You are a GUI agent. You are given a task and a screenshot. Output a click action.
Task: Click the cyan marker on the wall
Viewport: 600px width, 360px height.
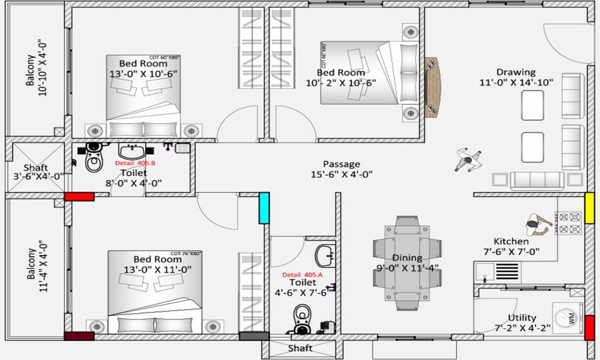coord(263,208)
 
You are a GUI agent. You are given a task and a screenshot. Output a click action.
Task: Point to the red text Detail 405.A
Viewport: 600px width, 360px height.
coord(302,274)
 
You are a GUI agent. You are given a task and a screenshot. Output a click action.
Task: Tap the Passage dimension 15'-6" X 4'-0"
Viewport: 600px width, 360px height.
coord(341,175)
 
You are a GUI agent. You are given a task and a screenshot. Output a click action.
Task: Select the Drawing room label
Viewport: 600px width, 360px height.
coord(516,72)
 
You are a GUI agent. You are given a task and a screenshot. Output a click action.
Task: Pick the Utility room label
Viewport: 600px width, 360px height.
coord(521,318)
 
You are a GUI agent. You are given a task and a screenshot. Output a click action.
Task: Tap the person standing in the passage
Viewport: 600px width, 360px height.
coord(467,159)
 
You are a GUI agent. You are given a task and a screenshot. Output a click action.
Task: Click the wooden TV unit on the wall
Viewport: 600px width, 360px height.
coord(431,87)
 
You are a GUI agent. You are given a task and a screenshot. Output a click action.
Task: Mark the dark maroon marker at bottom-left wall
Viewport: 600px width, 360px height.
coord(79,337)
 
